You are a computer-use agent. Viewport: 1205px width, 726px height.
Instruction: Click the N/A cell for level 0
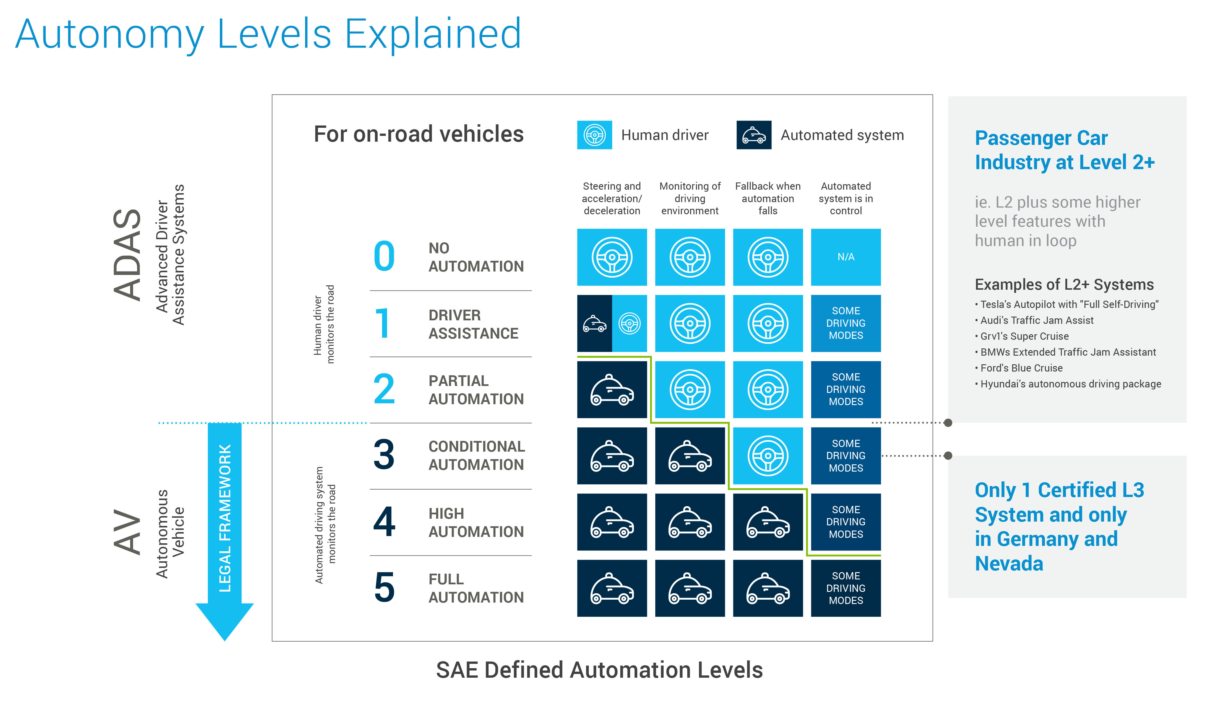[846, 257]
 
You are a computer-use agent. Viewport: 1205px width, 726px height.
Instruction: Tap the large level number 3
[384, 455]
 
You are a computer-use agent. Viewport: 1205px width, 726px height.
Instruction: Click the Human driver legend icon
[594, 135]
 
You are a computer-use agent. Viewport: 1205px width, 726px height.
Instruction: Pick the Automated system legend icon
[754, 135]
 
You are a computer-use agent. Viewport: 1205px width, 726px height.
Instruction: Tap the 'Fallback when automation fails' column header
[768, 199]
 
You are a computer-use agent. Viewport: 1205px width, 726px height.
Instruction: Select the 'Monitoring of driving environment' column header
[690, 199]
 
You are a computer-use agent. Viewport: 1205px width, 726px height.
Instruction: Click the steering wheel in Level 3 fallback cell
[768, 456]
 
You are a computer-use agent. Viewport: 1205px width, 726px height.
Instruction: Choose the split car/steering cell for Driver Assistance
[612, 323]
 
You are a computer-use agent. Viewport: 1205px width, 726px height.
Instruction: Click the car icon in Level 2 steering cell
[612, 390]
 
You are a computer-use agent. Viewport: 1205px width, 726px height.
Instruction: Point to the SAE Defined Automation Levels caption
[599, 670]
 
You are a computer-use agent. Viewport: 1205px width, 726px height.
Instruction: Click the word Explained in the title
[433, 34]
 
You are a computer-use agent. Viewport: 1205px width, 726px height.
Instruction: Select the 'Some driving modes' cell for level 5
[846, 588]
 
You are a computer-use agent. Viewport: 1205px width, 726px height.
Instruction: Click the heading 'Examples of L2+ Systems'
[1064, 285]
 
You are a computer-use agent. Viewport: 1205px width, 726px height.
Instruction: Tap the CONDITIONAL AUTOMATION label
[476, 456]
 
